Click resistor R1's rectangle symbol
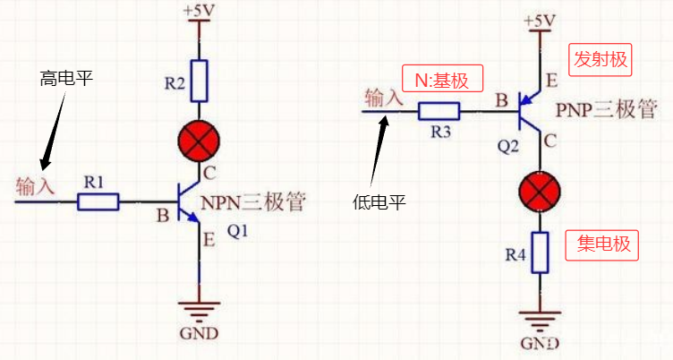coord(98,201)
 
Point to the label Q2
coord(508,146)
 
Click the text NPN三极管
coord(257,202)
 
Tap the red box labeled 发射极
coord(599,61)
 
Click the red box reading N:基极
coord(443,79)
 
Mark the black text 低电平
coord(380,202)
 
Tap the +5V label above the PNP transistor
coord(540,20)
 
